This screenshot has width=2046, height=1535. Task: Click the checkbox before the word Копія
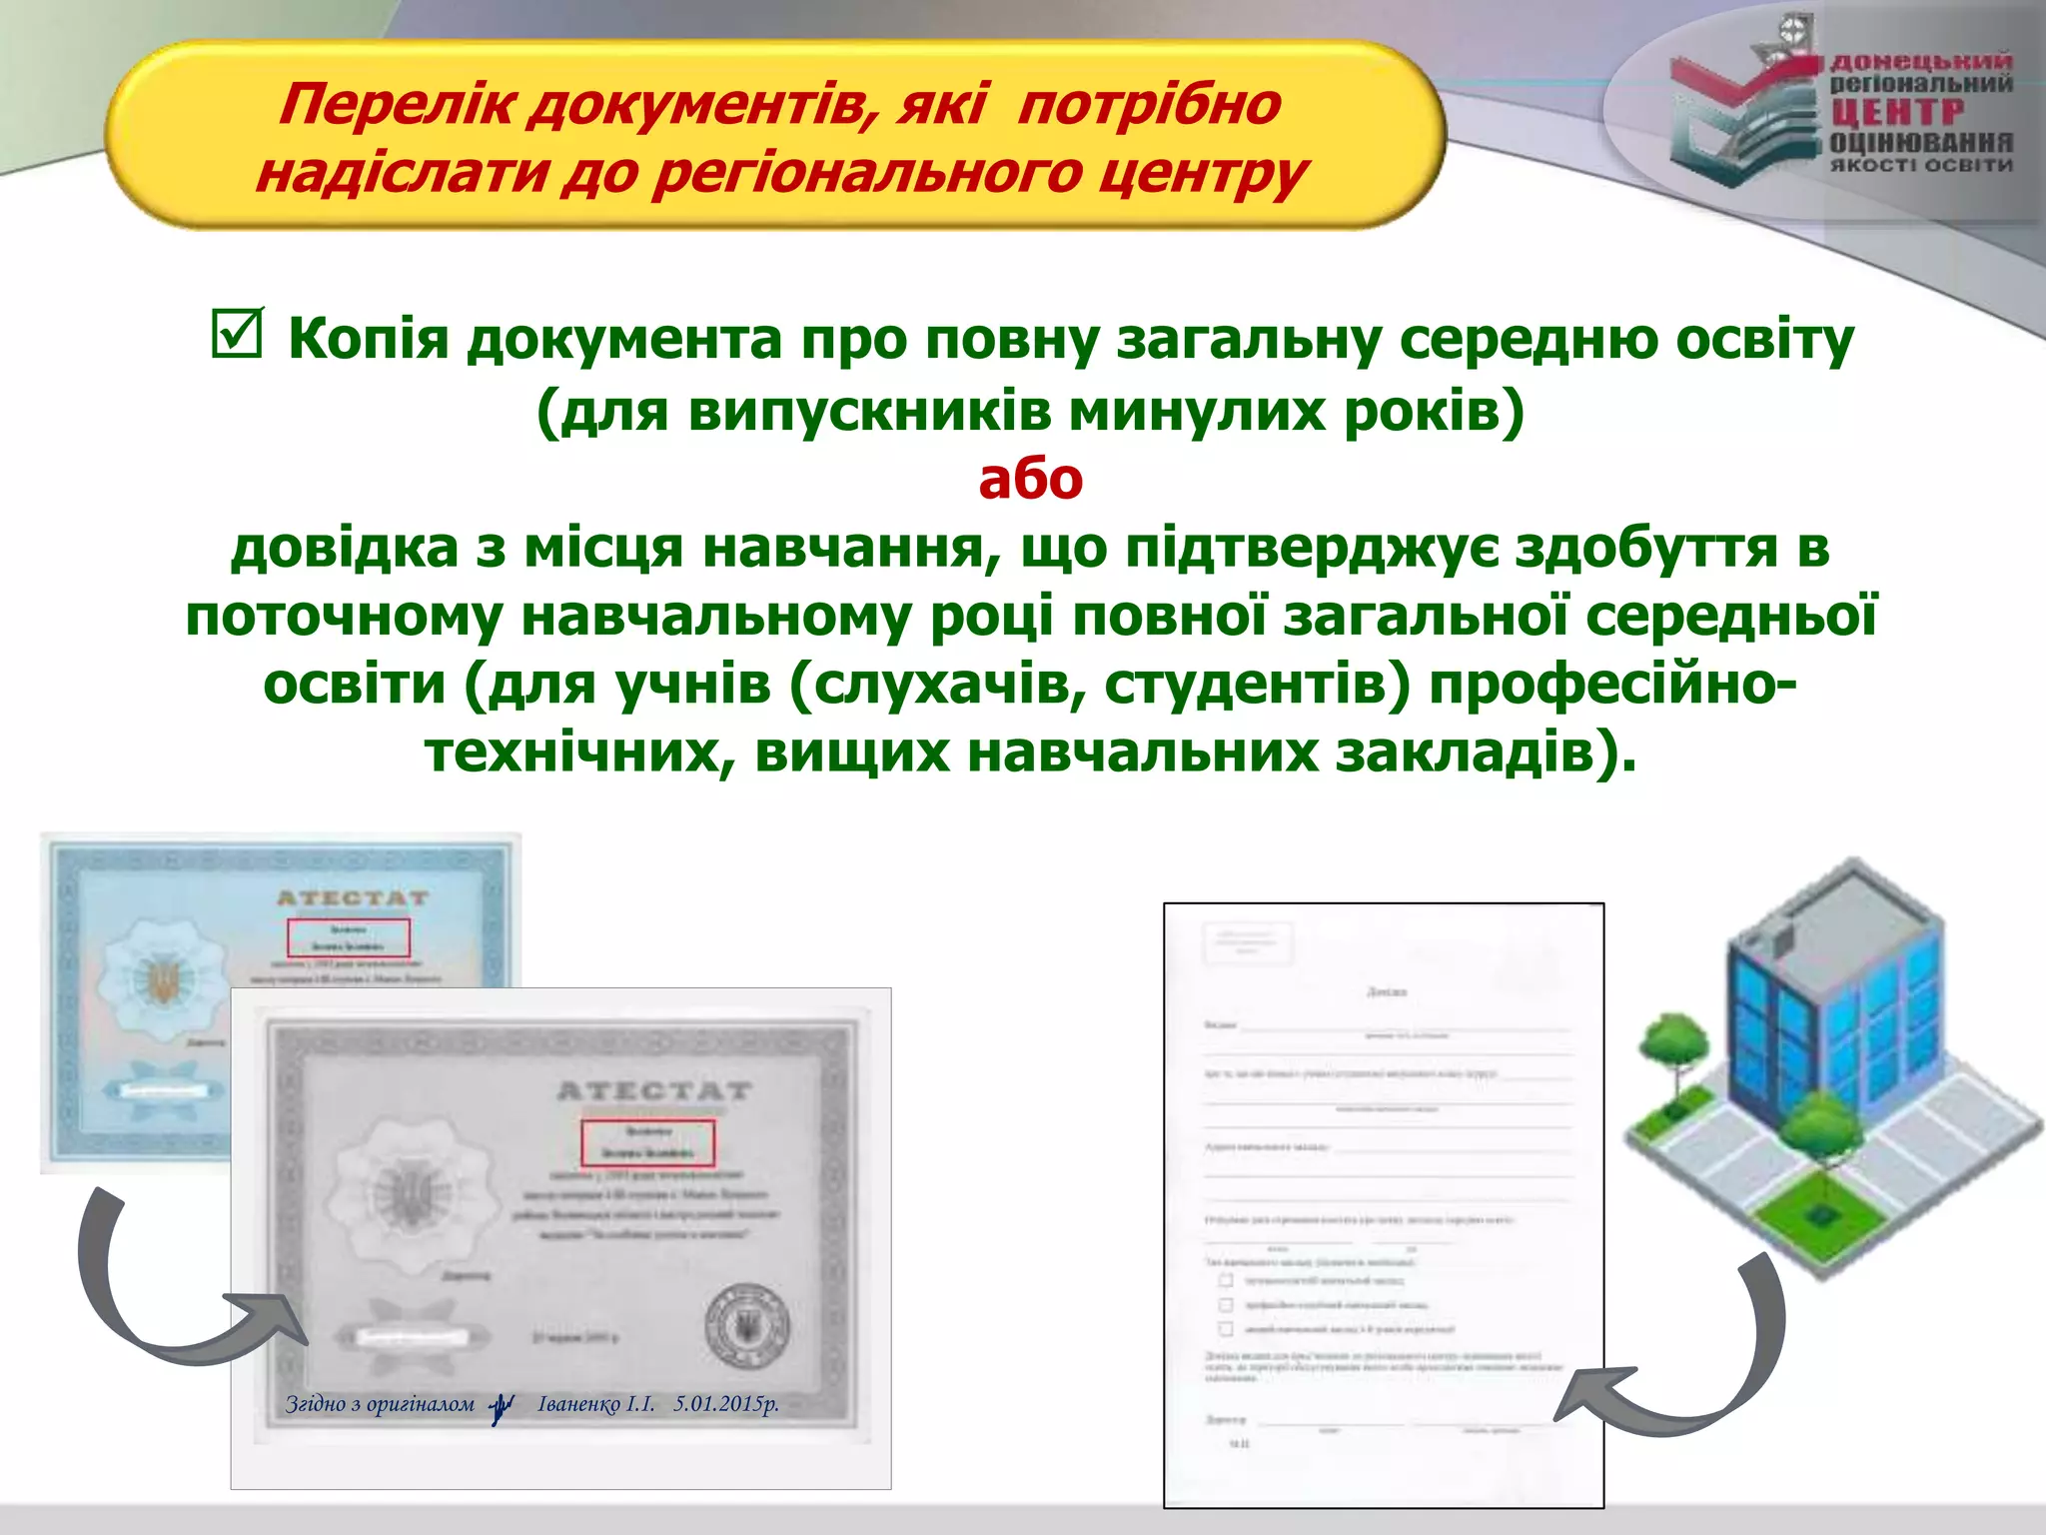(237, 334)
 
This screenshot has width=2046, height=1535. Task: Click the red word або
(1030, 480)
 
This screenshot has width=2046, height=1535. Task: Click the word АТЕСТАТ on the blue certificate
(352, 898)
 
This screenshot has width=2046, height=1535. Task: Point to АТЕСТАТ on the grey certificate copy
(653, 1090)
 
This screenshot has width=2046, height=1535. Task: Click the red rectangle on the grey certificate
(648, 1142)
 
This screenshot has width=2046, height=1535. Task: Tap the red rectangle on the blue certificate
(348, 937)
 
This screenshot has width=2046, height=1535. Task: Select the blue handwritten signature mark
(503, 1408)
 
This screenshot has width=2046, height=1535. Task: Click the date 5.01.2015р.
(726, 1404)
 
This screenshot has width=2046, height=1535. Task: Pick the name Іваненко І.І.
(596, 1404)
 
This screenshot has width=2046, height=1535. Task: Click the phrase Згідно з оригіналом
(380, 1404)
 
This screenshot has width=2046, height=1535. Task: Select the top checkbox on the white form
(1226, 1280)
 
